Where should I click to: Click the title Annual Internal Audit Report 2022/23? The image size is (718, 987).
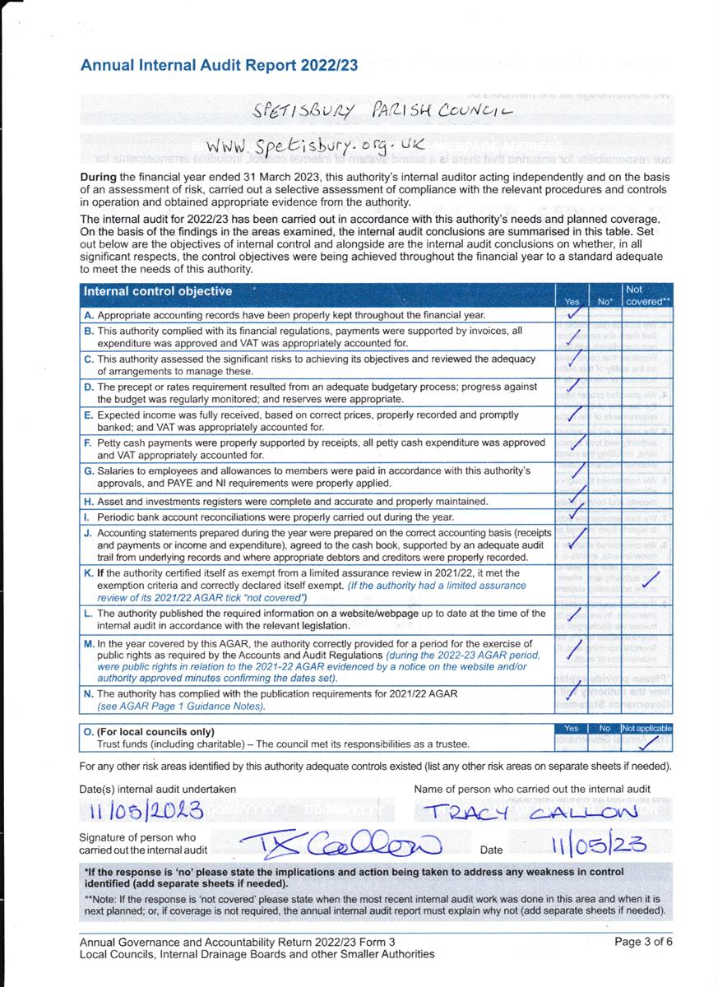219,66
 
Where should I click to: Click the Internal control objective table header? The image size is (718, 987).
158,291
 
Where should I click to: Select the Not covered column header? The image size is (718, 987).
647,295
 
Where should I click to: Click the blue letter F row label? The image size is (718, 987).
87,443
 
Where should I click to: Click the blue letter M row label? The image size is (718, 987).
88,644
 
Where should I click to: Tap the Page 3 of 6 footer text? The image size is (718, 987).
644,943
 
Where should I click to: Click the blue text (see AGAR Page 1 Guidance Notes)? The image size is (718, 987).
181,707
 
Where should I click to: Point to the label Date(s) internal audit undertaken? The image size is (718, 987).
158,790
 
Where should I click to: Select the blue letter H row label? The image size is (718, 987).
87,501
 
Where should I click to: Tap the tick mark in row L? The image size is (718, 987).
574,616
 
